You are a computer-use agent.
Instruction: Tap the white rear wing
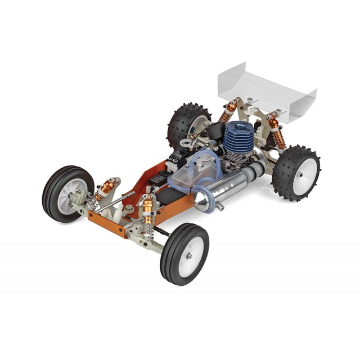point(264,90)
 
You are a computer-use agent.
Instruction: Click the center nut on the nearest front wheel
point(190,256)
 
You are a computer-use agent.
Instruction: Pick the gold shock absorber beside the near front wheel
point(148,209)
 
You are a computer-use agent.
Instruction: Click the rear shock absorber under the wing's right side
point(276,132)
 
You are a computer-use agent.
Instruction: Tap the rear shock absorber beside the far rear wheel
point(229,111)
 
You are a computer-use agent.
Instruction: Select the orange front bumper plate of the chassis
point(107,225)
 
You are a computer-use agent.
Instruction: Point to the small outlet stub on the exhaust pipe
point(219,206)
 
